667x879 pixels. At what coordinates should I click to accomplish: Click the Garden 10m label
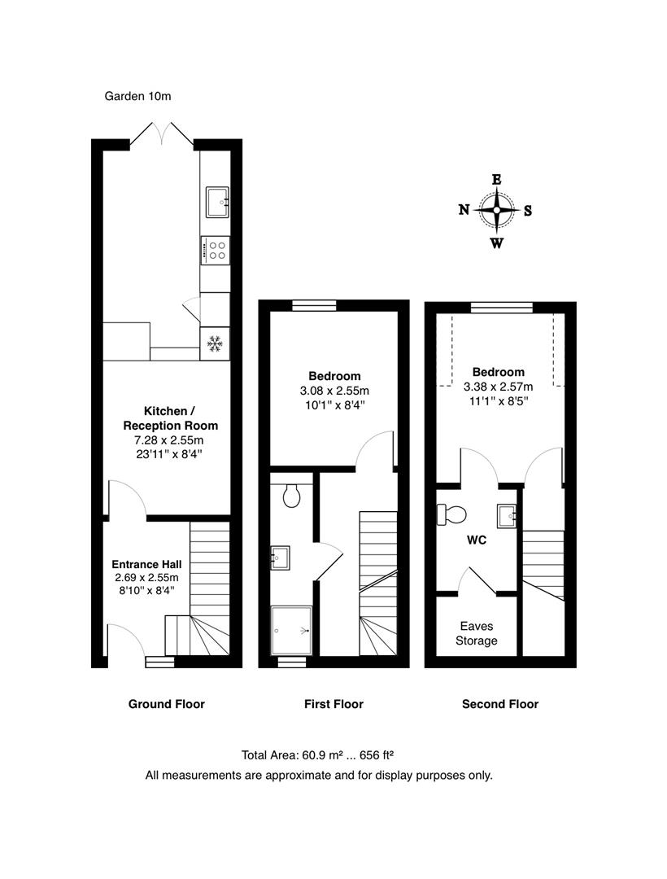tap(137, 96)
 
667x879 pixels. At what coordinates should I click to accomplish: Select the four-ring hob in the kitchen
tap(216, 250)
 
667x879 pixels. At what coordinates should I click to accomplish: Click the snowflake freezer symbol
tap(215, 344)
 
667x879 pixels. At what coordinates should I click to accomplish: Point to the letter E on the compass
tap(497, 181)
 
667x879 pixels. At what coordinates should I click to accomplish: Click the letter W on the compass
tap(496, 243)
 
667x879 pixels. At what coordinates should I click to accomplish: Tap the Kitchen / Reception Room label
tap(170, 418)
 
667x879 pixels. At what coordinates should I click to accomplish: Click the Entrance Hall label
tap(146, 564)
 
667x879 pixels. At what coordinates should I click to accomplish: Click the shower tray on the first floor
tap(291, 630)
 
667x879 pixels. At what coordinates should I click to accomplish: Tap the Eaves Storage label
tap(476, 633)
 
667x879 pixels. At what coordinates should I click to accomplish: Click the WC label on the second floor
tap(476, 540)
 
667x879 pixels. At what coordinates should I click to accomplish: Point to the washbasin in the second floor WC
tap(506, 514)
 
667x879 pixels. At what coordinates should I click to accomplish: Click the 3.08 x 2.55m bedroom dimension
tap(333, 390)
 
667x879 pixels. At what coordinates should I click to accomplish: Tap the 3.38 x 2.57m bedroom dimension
tap(498, 387)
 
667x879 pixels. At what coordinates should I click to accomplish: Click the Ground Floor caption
tap(166, 704)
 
